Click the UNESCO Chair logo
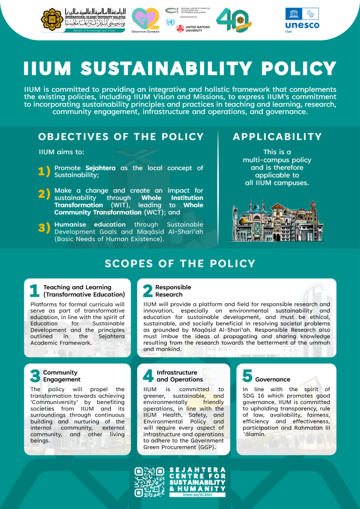click(302, 18)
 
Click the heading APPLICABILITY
click(277, 137)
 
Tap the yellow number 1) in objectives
click(44, 171)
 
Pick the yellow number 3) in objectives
click(44, 228)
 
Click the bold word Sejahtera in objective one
click(100, 168)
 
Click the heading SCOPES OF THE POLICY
click(180, 263)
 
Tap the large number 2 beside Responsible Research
click(148, 291)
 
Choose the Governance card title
click(272, 379)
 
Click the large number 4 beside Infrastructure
click(148, 376)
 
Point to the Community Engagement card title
click(60, 376)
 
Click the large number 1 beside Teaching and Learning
click(34, 291)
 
